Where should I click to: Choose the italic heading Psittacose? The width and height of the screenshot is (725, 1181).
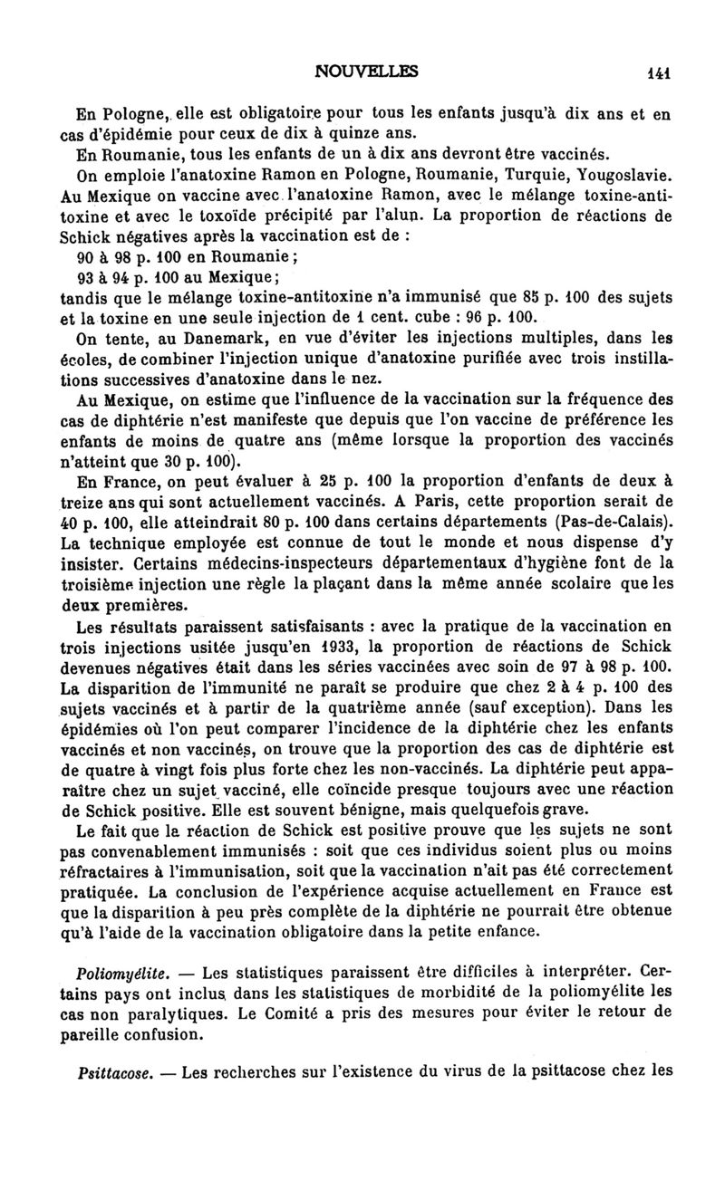pos(115,1072)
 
